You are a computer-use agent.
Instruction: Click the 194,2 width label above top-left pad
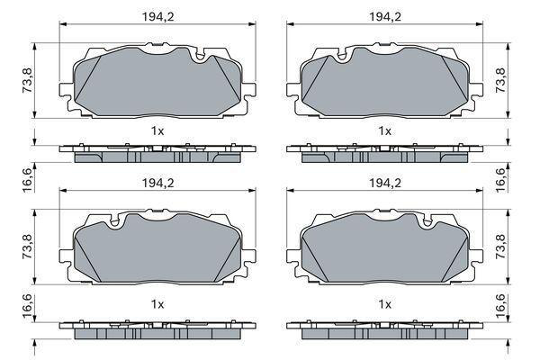(x=158, y=16)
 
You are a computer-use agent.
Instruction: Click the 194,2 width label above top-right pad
(x=385, y=16)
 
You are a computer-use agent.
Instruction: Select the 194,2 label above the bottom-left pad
(x=158, y=183)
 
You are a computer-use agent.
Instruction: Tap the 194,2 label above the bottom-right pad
(x=385, y=183)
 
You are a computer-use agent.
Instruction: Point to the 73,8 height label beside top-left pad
(x=27, y=80)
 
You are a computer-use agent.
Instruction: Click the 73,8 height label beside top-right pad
(x=500, y=80)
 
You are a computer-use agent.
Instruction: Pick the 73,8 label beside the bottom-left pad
(x=27, y=247)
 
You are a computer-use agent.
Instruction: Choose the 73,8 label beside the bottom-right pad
(x=500, y=247)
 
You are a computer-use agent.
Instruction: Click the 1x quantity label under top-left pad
(x=157, y=130)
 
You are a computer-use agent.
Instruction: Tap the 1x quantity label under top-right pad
(x=385, y=130)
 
